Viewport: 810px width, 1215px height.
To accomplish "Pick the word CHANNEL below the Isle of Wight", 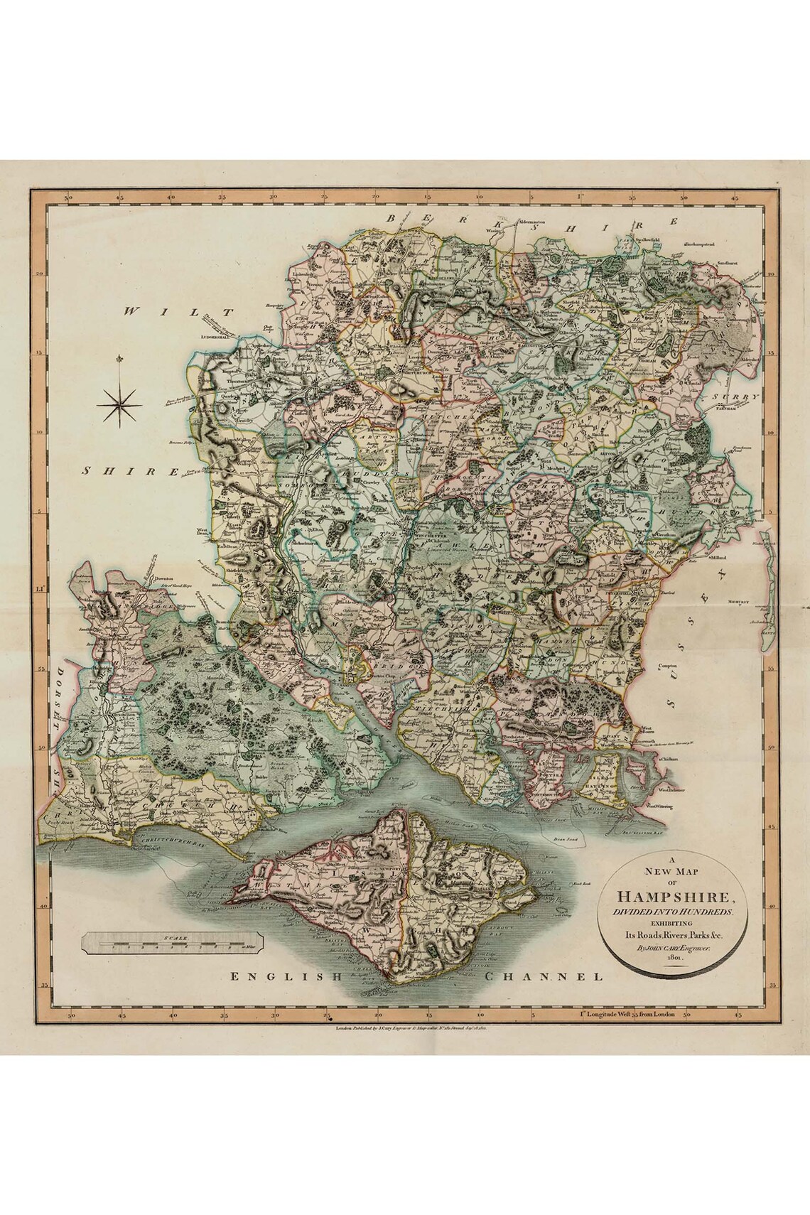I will [x=544, y=977].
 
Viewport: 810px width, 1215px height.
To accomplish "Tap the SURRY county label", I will [x=742, y=398].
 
